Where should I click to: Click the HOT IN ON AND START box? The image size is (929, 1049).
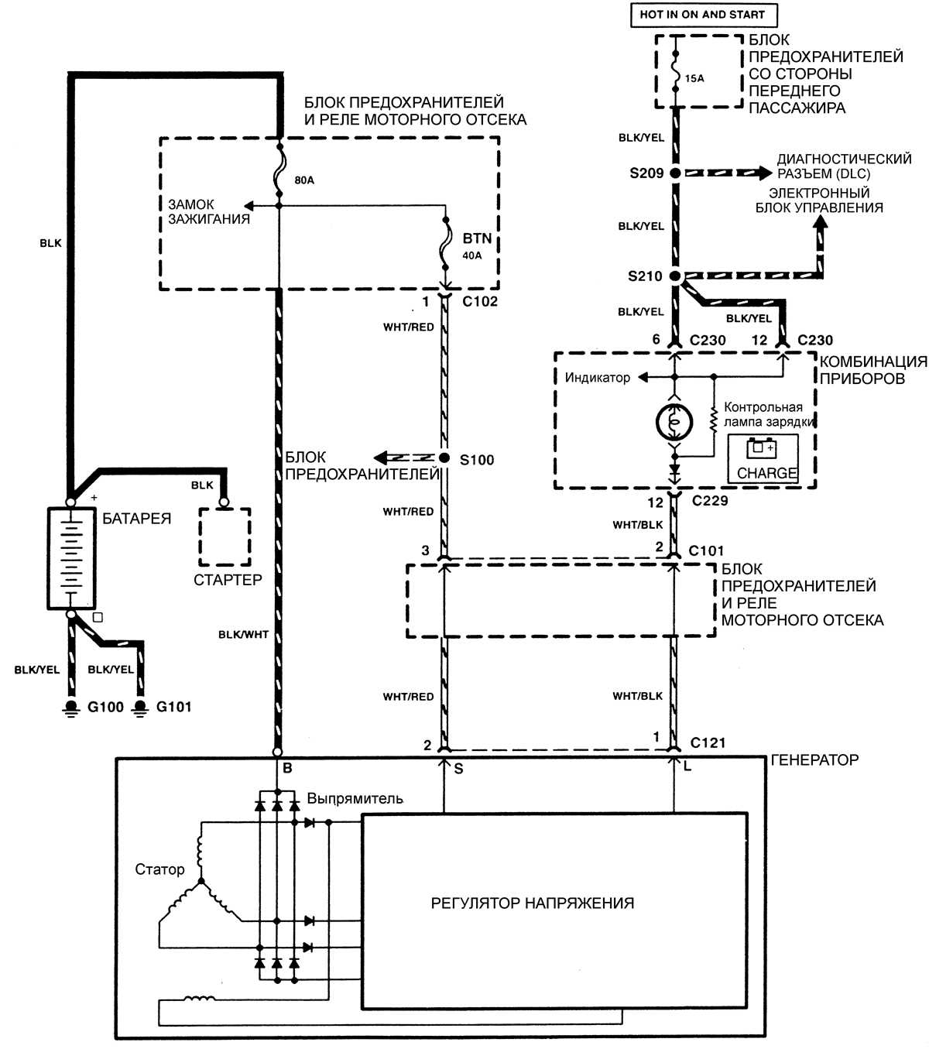coord(702,15)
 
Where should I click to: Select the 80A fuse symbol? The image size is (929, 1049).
coord(279,177)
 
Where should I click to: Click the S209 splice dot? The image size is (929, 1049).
coord(675,173)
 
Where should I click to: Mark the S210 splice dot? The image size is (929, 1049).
coord(675,276)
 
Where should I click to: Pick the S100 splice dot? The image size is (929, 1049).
coord(444,458)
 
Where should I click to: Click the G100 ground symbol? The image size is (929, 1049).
coord(72,708)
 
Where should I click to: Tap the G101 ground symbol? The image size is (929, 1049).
coord(140,708)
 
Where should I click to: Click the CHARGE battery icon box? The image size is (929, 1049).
coord(763,458)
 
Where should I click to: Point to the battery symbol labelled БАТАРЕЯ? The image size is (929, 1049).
coord(71,557)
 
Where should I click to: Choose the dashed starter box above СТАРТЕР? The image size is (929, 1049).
coord(225,536)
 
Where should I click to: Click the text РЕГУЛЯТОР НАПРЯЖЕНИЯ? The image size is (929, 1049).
coord(533,903)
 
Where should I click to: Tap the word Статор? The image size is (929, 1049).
coord(159,869)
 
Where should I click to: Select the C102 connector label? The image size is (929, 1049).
coord(480,302)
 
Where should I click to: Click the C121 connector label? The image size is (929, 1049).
coord(708,743)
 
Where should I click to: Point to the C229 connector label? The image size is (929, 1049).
coord(710,501)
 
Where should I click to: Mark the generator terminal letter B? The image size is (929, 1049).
coord(287,769)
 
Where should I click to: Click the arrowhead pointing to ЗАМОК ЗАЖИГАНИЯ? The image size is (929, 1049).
coord(249,205)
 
